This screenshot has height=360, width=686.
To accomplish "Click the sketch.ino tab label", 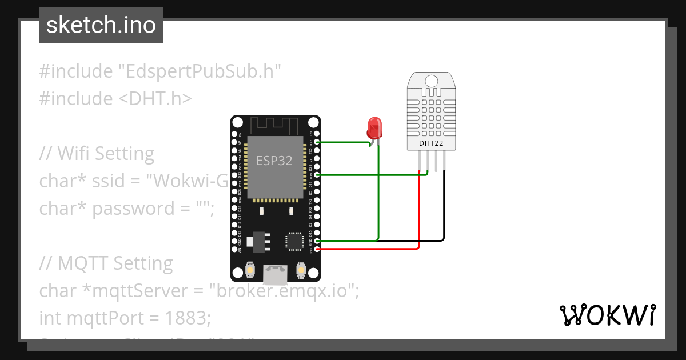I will click(x=101, y=25).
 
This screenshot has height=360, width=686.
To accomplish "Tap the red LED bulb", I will click(x=374, y=127).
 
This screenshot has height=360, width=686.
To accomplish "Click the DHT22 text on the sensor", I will click(x=431, y=143).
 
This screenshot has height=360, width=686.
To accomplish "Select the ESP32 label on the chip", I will click(x=274, y=161).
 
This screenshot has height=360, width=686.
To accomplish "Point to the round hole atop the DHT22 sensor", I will click(x=431, y=81).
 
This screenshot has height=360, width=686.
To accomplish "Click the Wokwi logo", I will click(x=607, y=315).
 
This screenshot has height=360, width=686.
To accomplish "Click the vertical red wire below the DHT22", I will click(x=420, y=211).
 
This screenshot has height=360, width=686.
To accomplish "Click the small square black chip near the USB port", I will click(x=295, y=241).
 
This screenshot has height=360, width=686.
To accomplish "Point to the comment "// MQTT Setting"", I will click(x=106, y=263).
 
